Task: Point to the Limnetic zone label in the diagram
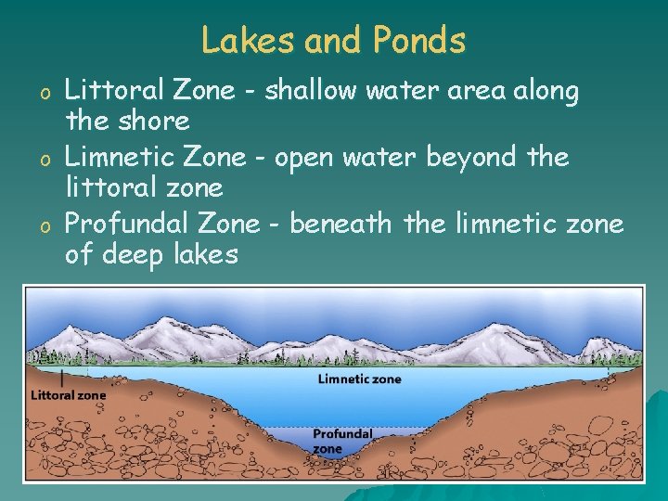(x=360, y=379)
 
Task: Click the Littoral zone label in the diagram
(x=69, y=394)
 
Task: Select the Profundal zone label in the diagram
(x=341, y=440)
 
